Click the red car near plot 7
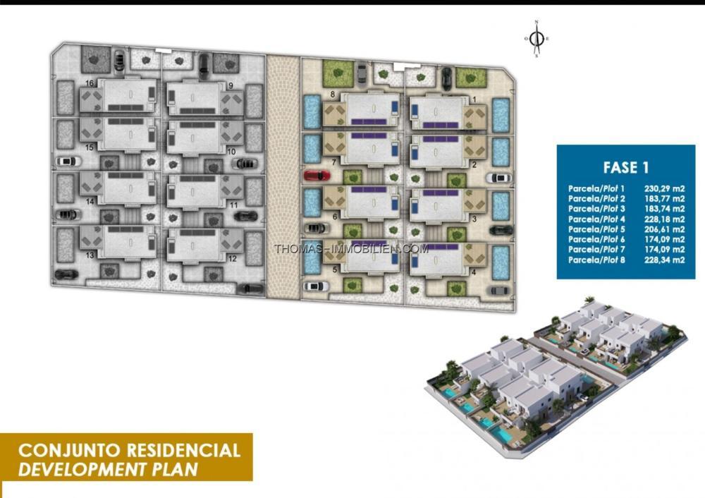317,175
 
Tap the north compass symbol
537,39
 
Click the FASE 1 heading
626,167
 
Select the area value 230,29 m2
664,189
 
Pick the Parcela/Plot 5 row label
596,229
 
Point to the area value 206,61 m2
664,229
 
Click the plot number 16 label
90,83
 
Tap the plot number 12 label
232,259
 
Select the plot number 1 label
474,99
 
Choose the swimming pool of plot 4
501,262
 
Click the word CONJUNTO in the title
69,450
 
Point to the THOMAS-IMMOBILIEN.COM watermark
351,248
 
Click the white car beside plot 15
68,161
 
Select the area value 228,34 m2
664,260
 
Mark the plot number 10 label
231,152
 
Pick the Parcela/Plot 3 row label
596,209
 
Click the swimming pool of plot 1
501,115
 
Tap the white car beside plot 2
498,178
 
